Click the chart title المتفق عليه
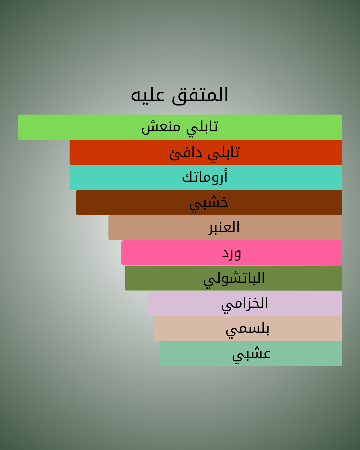click(x=179, y=95)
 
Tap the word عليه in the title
click(x=147, y=95)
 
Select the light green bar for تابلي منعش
click(x=180, y=127)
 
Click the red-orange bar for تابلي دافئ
click(x=206, y=152)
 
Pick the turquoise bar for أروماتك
click(x=206, y=177)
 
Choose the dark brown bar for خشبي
click(x=209, y=202)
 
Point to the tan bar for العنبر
click(x=225, y=228)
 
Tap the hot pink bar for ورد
click(x=232, y=253)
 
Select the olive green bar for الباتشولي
click(x=233, y=278)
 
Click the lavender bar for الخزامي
click(x=245, y=303)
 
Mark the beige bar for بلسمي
click(x=248, y=328)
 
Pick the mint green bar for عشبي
click(x=251, y=353)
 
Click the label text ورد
click(x=232, y=254)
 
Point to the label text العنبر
click(x=224, y=228)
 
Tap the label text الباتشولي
click(x=234, y=280)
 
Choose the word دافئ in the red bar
click(x=186, y=153)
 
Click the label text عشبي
click(x=251, y=355)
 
